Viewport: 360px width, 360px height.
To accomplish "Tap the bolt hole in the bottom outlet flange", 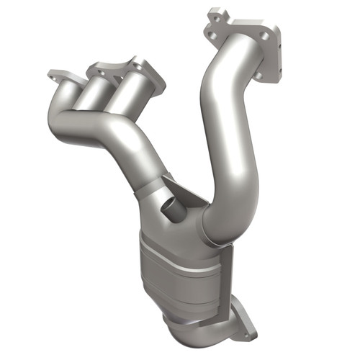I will click(x=248, y=330).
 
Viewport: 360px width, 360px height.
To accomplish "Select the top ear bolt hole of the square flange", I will click(x=214, y=14).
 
